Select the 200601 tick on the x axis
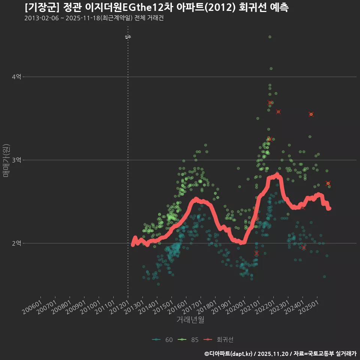33,309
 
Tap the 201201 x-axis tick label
119,309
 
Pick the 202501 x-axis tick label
309,309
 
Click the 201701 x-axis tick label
192,309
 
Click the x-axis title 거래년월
190,320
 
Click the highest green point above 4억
270,37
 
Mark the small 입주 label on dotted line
128,37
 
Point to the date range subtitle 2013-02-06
41,18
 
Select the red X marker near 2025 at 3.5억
311,114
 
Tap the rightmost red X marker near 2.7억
328,183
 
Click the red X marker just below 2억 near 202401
303,248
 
